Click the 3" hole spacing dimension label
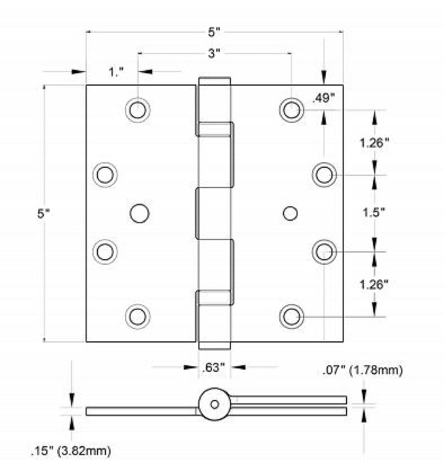click(214, 54)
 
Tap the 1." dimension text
click(116, 72)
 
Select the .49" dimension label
click(323, 99)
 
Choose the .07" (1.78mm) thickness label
click(363, 370)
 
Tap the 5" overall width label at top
click(214, 32)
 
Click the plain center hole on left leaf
click(139, 213)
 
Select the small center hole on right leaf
click(290, 214)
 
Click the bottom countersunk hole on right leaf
click(292, 317)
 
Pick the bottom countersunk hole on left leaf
click(138, 316)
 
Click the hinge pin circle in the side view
click(214, 404)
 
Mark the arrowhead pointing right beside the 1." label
click(79, 72)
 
